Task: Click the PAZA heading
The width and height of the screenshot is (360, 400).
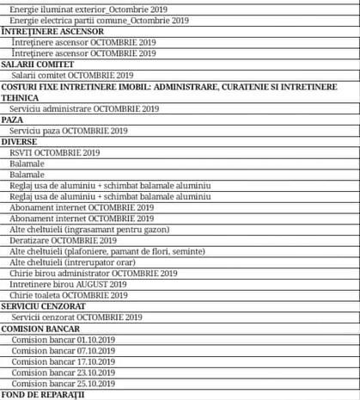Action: (x=13, y=120)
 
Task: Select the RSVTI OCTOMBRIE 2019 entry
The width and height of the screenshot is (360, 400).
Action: (x=57, y=152)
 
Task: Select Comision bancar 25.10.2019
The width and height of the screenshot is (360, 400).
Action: (x=64, y=384)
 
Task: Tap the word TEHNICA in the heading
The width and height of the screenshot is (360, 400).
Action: (x=20, y=98)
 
